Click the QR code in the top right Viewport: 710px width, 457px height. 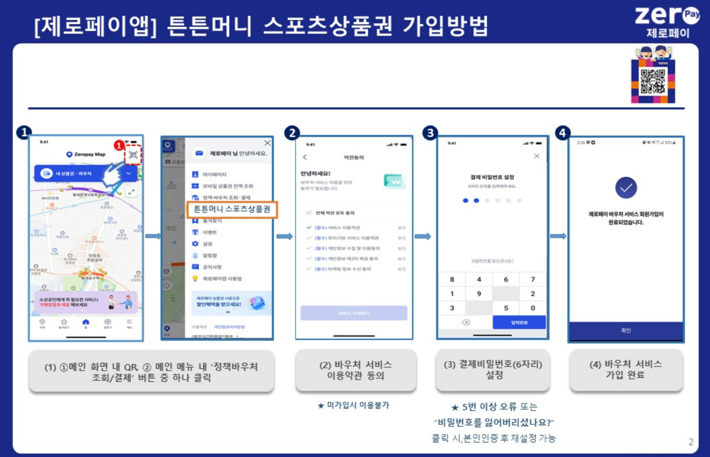pos(653,82)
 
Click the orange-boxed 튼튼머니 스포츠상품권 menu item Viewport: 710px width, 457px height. pos(232,209)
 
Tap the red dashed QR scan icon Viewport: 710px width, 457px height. pos(133,155)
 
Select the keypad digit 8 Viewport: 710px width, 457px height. pos(452,279)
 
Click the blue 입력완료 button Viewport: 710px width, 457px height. pos(519,322)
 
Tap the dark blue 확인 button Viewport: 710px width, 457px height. pos(626,330)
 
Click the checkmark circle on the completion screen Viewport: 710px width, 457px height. pos(626,188)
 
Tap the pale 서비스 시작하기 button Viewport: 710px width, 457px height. pos(354,313)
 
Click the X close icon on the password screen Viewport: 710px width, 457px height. pos(537,156)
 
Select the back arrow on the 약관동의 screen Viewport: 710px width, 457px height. pos(305,157)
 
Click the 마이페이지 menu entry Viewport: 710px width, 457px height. pos(214,174)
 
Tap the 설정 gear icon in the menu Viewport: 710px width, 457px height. pos(195,244)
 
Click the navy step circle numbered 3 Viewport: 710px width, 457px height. pos(430,133)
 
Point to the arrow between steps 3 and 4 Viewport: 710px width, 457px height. pos(558,236)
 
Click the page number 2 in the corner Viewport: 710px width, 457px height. pos(691,442)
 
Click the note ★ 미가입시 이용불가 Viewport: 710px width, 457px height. pos(354,405)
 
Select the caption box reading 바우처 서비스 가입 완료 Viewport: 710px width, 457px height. pos(626,370)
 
